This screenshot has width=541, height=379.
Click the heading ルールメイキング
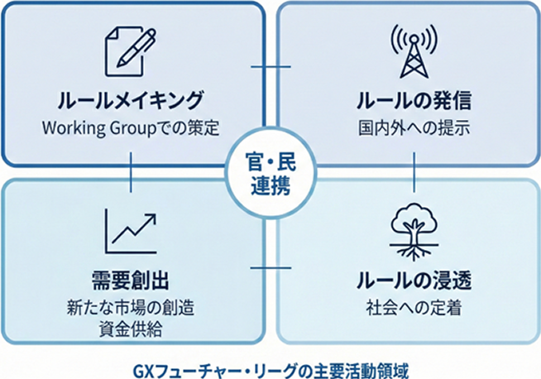pos(130,101)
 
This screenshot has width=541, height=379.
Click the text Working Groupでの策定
pos(131,129)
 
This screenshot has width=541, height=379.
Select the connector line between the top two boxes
pos(270,66)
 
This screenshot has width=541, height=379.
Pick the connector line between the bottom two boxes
pos(270,267)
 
